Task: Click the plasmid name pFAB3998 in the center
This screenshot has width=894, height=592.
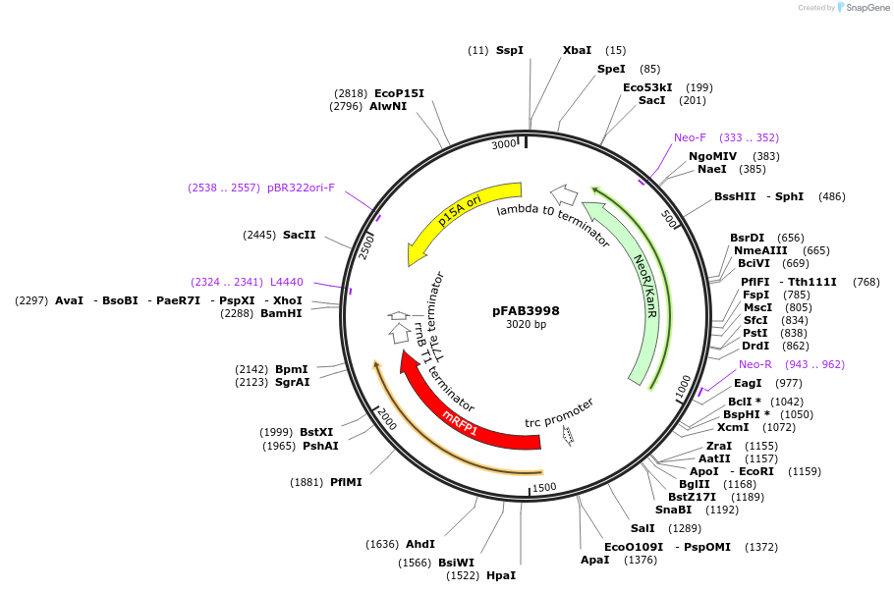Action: pyautogui.click(x=526, y=310)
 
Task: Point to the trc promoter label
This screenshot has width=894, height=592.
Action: pyautogui.click(x=559, y=412)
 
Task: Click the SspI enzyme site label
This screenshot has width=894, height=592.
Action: pyautogui.click(x=510, y=50)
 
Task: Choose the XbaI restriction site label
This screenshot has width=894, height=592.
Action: pyautogui.click(x=577, y=50)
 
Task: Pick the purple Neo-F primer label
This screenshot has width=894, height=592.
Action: pyautogui.click(x=690, y=137)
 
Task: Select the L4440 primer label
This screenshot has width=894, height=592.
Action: pyautogui.click(x=287, y=282)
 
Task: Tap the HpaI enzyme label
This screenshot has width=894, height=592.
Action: pyautogui.click(x=501, y=575)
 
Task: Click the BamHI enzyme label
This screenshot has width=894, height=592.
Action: pyautogui.click(x=281, y=313)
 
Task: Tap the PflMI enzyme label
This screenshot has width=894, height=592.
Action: pyautogui.click(x=346, y=482)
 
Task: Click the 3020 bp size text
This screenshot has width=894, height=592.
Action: pyautogui.click(x=526, y=325)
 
